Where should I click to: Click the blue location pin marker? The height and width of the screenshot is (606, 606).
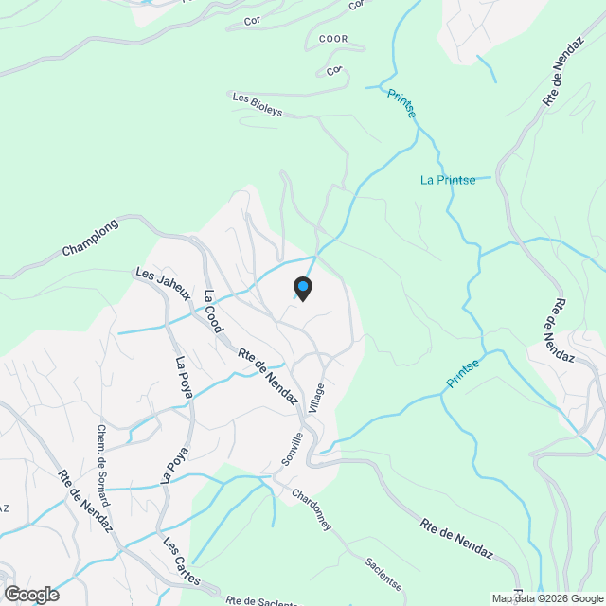pos(302,288)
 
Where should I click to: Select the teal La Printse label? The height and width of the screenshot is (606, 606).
pos(448,180)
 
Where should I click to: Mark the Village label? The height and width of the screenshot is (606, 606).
pos(319,402)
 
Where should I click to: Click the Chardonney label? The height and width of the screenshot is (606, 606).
pos(311,508)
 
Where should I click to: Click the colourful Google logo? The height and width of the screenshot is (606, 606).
pos(30,595)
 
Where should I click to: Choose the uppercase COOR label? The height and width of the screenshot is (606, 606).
pos(335,38)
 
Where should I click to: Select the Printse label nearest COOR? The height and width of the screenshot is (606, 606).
pos(401,103)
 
